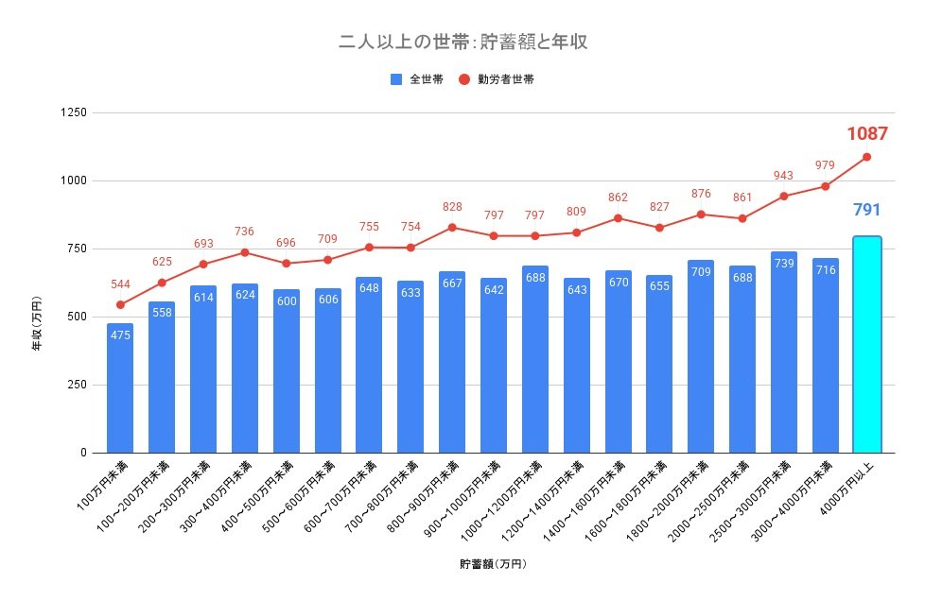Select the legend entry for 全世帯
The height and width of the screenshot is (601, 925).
[416, 80]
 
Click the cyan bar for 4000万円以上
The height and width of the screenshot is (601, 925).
[866, 345]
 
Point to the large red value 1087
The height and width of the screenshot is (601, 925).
[866, 133]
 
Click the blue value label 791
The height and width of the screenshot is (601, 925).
[866, 208]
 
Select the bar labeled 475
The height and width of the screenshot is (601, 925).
[120, 387]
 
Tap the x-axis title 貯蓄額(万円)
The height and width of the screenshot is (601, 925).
[493, 564]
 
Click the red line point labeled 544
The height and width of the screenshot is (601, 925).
[120, 304]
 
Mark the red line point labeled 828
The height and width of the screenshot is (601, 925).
[452, 227]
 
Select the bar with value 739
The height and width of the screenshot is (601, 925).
[783, 352]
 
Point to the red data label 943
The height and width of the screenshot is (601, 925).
[783, 176]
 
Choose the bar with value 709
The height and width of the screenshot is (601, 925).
[701, 356]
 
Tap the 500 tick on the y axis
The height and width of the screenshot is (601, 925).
[76, 317]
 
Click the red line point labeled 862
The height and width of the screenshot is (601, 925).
[618, 218]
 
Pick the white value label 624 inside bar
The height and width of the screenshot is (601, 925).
[245, 295]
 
